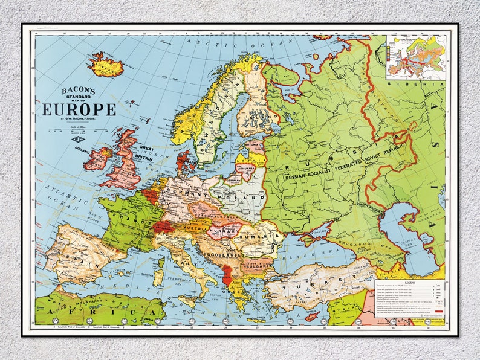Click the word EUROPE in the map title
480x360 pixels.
click(x=79, y=109)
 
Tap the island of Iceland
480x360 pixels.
click(x=106, y=65)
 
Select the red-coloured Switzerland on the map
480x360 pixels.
click(x=163, y=227)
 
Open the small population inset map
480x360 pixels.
click(x=417, y=57)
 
